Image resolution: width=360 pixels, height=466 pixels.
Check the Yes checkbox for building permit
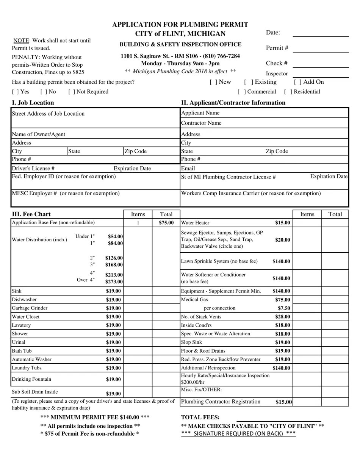(x=15, y=92)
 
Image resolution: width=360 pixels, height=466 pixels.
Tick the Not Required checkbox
(x=72, y=92)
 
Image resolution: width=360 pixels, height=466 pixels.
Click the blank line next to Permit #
(x=321, y=48)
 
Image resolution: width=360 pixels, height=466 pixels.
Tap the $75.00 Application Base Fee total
(x=166, y=223)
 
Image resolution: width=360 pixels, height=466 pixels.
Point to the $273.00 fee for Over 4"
(x=114, y=281)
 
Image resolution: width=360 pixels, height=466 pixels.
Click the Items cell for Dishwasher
(x=138, y=300)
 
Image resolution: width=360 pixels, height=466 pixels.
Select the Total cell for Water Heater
(x=335, y=223)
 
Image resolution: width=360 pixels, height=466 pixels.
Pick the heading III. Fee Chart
(x=31, y=214)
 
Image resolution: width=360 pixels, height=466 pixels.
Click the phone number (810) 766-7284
(x=222, y=56)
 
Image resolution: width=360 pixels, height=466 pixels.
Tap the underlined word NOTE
(x=21, y=41)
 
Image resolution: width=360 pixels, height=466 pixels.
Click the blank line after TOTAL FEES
(x=279, y=418)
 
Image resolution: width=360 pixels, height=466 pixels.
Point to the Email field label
(x=188, y=168)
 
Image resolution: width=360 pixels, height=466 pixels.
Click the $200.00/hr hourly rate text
(x=193, y=382)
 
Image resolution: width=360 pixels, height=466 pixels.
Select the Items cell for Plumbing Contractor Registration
(x=307, y=402)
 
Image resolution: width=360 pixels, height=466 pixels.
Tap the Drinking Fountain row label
(x=31, y=379)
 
